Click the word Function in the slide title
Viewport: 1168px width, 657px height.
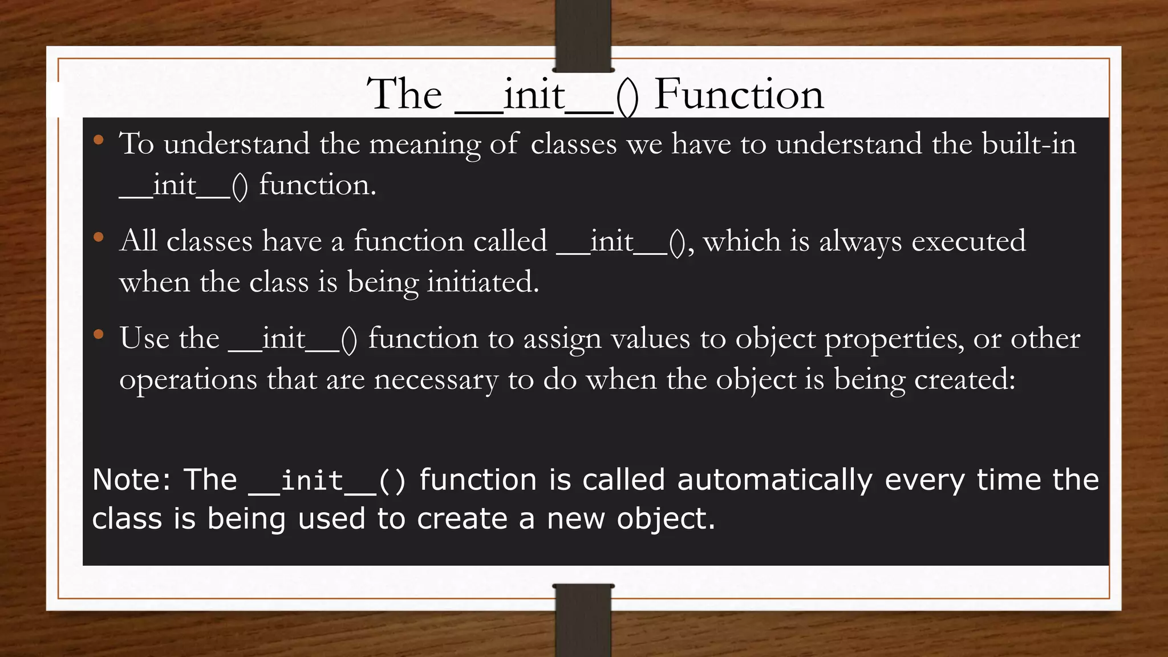point(739,94)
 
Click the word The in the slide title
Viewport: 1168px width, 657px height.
point(404,94)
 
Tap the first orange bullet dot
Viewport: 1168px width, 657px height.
point(99,140)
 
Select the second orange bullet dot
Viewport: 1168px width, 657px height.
point(99,237)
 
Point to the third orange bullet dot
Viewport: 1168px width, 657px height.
point(99,335)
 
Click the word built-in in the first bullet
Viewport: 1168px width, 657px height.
point(1029,144)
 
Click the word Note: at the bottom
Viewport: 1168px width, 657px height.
point(132,480)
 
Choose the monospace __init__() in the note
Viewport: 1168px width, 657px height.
point(327,481)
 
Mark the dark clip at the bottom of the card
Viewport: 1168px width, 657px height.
point(583,620)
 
